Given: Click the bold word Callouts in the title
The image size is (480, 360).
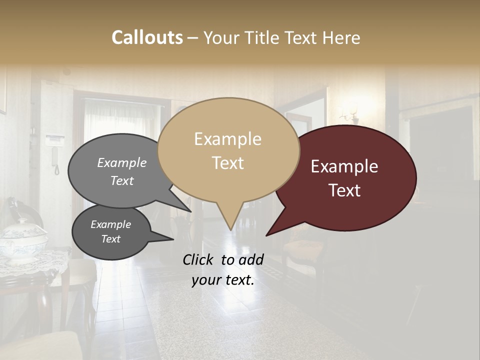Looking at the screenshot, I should pos(147,37).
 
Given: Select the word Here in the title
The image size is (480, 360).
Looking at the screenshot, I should pos(341,38).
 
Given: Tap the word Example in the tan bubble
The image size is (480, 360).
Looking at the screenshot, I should pos(227,139).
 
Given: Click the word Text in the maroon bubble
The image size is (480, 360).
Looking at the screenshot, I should pos(344,190).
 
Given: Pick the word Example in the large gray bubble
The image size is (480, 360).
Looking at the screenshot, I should pos(122,163).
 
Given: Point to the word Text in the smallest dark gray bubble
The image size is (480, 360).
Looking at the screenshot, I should pos(111,239).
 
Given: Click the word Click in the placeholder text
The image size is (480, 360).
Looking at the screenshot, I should pos(199,259).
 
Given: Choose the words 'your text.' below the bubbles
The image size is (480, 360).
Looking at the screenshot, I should pos(223,280).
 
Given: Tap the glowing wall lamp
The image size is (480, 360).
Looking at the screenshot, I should pos(352,112).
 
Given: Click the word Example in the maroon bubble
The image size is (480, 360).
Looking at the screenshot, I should pos(344,166).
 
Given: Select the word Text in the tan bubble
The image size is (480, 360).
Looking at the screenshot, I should pos(228,163).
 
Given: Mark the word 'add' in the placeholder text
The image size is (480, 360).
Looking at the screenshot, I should pos(251,259).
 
